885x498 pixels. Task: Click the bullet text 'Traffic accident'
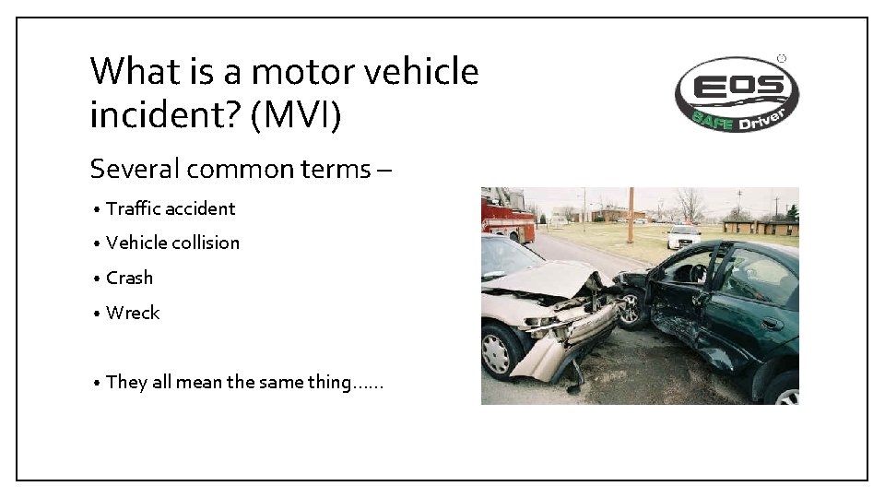tap(171, 208)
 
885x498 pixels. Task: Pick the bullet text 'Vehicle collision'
tap(172, 243)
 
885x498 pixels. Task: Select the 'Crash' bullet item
tap(129, 278)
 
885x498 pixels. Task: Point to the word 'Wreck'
tap(133, 313)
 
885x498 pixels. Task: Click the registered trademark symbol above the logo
tap(782, 58)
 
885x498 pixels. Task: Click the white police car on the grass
tap(684, 236)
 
